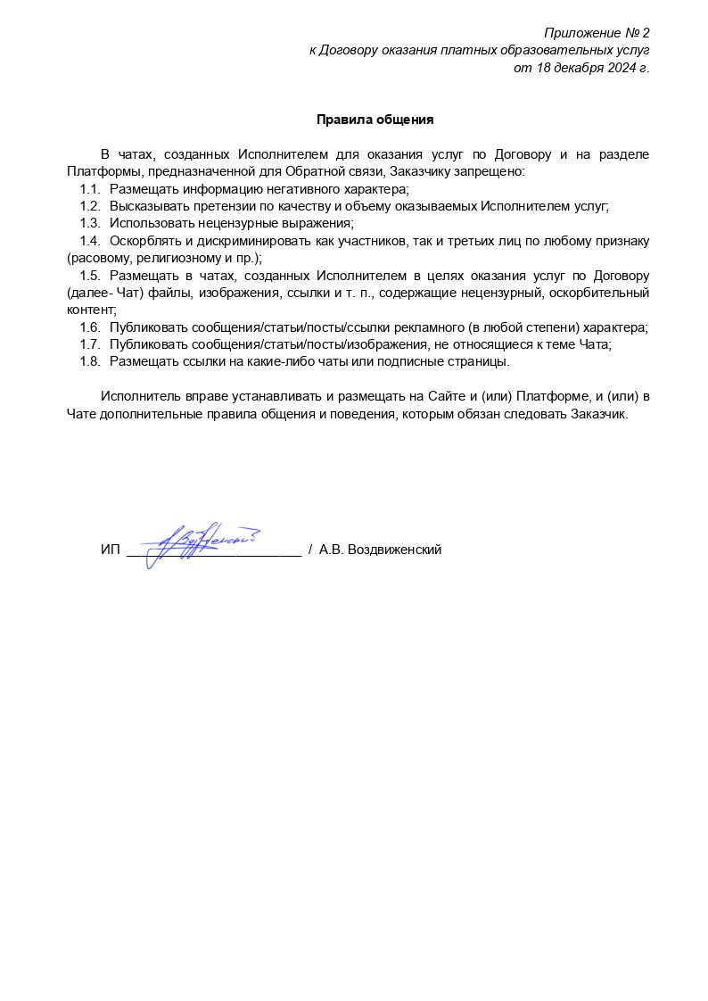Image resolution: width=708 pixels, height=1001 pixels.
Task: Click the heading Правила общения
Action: click(x=375, y=120)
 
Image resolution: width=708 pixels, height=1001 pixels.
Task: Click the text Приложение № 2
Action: click(x=597, y=34)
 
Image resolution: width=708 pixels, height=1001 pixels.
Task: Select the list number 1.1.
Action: click(x=89, y=189)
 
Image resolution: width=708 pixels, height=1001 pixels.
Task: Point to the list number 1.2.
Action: click(x=89, y=206)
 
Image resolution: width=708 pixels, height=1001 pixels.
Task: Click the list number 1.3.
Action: click(x=89, y=223)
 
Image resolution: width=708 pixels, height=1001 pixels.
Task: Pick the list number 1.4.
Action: click(x=89, y=241)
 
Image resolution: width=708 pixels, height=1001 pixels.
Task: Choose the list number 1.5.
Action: click(x=89, y=276)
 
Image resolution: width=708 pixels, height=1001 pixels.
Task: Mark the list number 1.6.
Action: click(x=89, y=327)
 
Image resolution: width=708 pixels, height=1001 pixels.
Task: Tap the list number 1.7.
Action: click(x=89, y=344)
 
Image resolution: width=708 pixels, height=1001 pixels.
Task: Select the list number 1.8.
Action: click(x=89, y=361)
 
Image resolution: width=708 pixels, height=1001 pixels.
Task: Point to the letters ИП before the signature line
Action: click(x=110, y=550)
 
